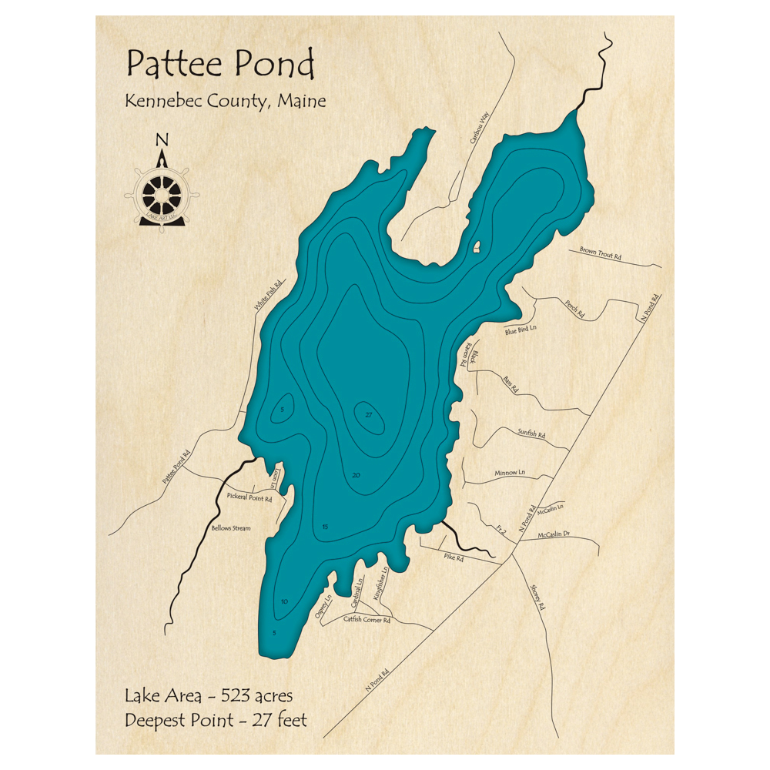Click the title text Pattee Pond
[220, 65]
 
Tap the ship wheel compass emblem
[162, 193]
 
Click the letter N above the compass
[162, 139]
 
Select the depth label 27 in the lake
[370, 416]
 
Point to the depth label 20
[355, 475]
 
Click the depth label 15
[325, 527]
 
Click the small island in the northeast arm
[477, 247]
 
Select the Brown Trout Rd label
[601, 253]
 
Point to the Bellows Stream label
[231, 529]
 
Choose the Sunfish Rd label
[531, 434]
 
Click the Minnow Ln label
[510, 472]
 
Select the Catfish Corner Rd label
[367, 619]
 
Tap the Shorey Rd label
[537, 596]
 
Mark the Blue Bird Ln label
[521, 330]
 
